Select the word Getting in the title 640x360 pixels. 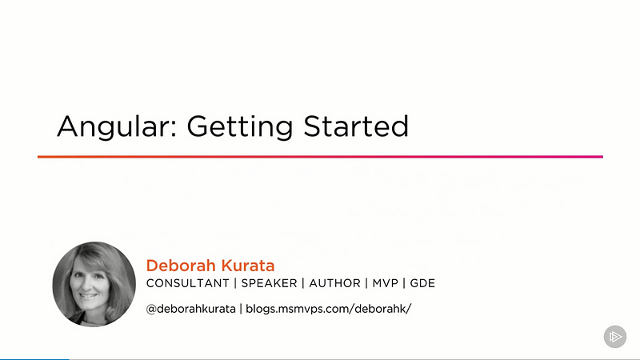tap(240, 127)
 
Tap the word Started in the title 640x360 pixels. tap(356, 126)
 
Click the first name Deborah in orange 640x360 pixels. tap(181, 266)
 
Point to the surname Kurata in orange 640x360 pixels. tap(248, 266)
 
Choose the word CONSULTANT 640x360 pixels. tap(188, 283)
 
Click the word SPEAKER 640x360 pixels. tap(269, 283)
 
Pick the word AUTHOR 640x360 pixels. tap(334, 283)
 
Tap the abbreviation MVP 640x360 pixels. tap(385, 283)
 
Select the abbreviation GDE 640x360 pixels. tap(422, 283)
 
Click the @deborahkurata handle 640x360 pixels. tap(191, 309)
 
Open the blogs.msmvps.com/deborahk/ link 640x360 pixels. tap(329, 309)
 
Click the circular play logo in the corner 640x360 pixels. tap(615, 337)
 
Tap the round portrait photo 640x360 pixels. tap(94, 284)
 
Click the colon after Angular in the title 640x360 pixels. tap(174, 129)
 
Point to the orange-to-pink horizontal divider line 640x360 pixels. tap(321, 156)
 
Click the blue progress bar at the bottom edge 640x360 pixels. tap(34, 359)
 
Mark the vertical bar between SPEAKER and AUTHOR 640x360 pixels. tap(303, 283)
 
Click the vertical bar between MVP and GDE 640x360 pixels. tap(404, 283)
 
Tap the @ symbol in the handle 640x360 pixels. tap(151, 309)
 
